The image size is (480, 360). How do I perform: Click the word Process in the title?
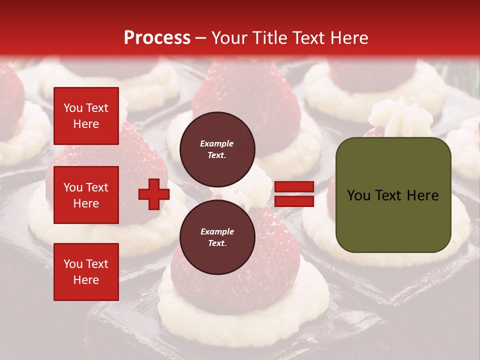click(x=157, y=38)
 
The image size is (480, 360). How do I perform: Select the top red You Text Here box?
click(x=86, y=116)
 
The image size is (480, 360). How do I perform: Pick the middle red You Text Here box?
click(x=86, y=195)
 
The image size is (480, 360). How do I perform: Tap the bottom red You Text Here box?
click(x=86, y=272)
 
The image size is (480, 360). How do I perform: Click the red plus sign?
click(x=154, y=194)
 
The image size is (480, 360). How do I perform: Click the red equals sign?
click(x=294, y=194)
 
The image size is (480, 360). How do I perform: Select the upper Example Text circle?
click(x=217, y=149)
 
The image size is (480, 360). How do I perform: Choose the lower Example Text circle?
click(x=217, y=237)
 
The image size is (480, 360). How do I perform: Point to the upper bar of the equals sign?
click(x=294, y=187)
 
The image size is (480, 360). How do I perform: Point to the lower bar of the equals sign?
click(x=294, y=201)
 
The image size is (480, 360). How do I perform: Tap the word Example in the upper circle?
click(x=217, y=143)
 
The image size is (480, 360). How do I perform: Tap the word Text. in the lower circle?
click(x=217, y=243)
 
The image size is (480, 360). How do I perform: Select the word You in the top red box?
click(x=73, y=108)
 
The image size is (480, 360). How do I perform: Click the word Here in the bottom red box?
click(x=86, y=280)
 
